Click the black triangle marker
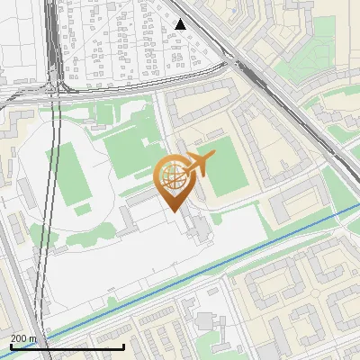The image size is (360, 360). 181,24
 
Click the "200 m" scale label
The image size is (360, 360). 23,339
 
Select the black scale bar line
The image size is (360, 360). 67,347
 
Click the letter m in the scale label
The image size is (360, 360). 32,339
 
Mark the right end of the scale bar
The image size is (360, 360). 123,347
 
